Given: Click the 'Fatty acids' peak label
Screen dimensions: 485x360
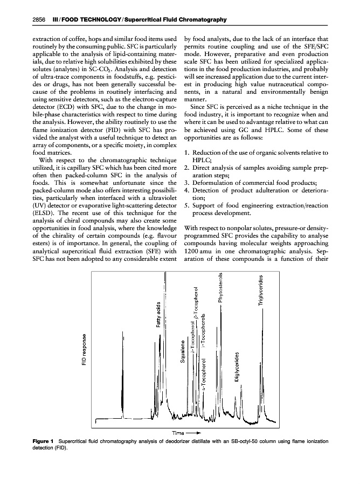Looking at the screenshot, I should click(x=158, y=314).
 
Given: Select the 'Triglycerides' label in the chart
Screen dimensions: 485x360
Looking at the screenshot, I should click(x=261, y=289).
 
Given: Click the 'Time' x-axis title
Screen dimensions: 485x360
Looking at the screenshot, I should click(x=179, y=433).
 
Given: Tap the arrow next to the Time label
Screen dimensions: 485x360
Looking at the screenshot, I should click(x=195, y=433).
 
